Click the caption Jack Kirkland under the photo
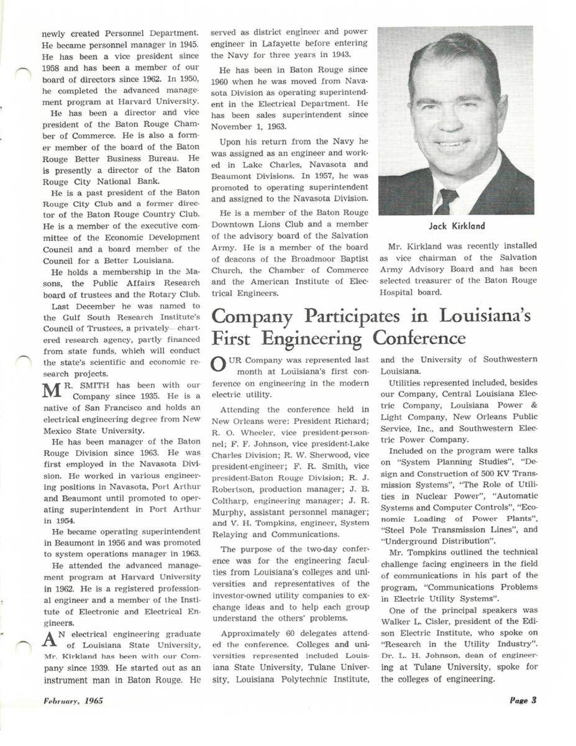click(x=457, y=226)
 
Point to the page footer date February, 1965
click(x=73, y=701)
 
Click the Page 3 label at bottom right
click(x=523, y=701)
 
